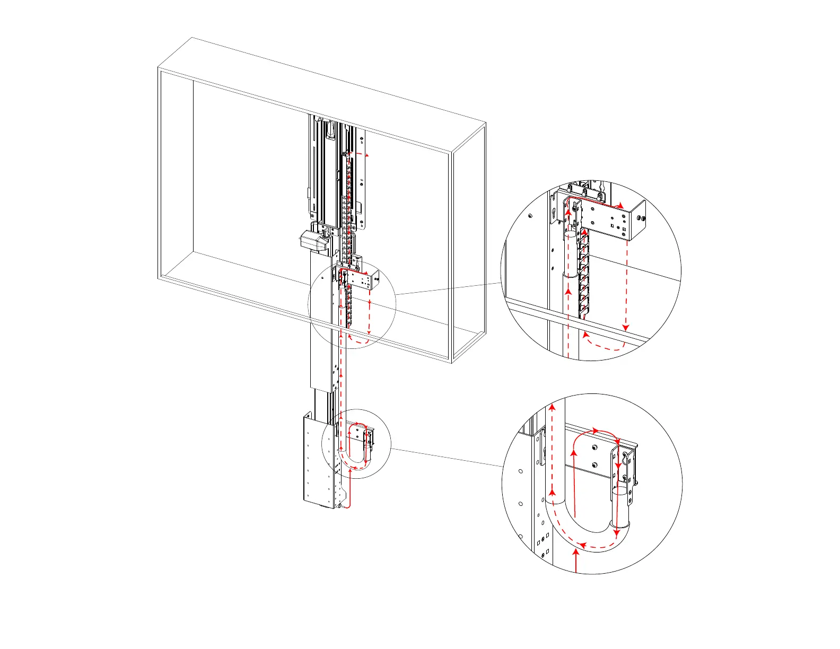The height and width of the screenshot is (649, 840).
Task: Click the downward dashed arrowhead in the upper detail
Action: click(x=627, y=326)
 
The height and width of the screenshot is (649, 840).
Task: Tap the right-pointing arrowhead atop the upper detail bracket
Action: click(x=621, y=205)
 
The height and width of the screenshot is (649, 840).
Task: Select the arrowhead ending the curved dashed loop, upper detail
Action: click(x=585, y=335)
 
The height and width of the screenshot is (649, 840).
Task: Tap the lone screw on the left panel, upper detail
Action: click(x=530, y=216)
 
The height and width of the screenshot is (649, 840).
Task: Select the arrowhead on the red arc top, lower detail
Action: click(x=596, y=430)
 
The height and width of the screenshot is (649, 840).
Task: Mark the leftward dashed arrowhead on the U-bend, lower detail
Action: click(x=582, y=545)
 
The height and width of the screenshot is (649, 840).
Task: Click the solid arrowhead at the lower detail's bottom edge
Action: click(x=576, y=554)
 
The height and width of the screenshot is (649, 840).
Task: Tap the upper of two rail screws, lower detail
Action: click(x=594, y=449)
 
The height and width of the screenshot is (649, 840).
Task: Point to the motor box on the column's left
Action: click(x=315, y=241)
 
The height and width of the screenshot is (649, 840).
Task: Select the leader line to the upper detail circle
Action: click(x=448, y=288)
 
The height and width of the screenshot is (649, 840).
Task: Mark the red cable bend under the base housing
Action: click(x=347, y=504)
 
